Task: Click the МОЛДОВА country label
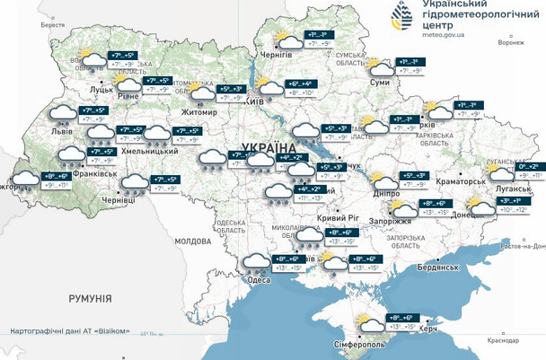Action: tap(192, 242)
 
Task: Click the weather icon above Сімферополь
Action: tap(367, 321)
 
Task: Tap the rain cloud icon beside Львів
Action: tap(61, 113)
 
